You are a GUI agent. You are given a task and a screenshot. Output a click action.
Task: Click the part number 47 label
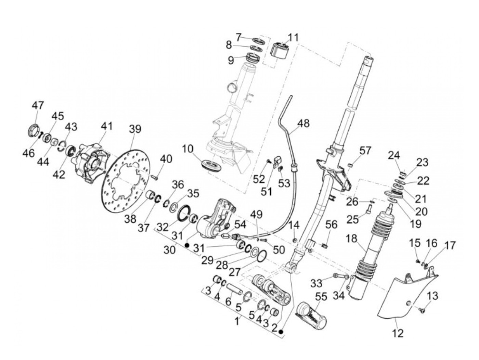[38, 105]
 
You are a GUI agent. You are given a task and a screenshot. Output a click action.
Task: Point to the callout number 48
[303, 124]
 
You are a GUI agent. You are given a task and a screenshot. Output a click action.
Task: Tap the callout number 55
[321, 297]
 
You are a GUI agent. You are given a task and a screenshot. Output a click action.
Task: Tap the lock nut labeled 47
[34, 130]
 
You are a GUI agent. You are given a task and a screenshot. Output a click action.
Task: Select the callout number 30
[170, 249]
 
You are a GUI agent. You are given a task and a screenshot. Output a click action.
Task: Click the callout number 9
[231, 60]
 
